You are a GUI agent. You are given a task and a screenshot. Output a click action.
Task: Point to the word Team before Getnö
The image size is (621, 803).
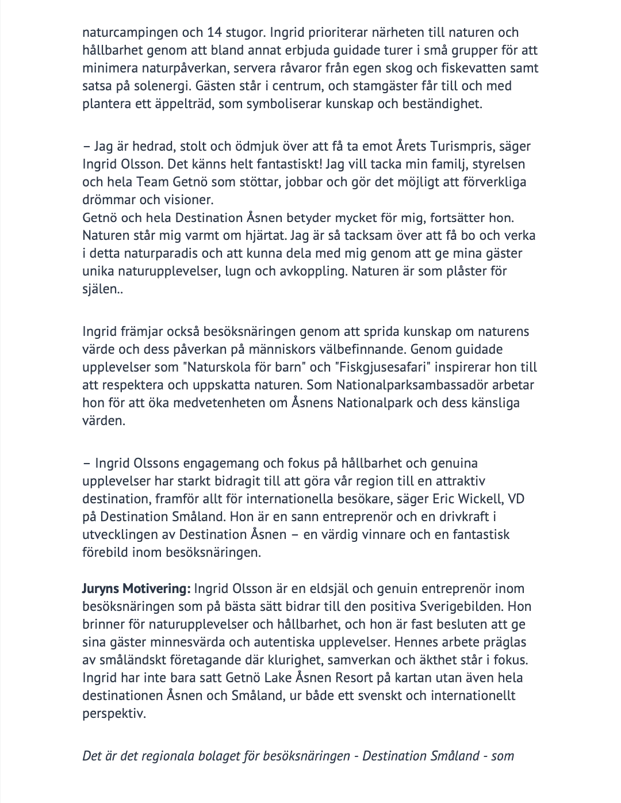pos(152,182)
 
